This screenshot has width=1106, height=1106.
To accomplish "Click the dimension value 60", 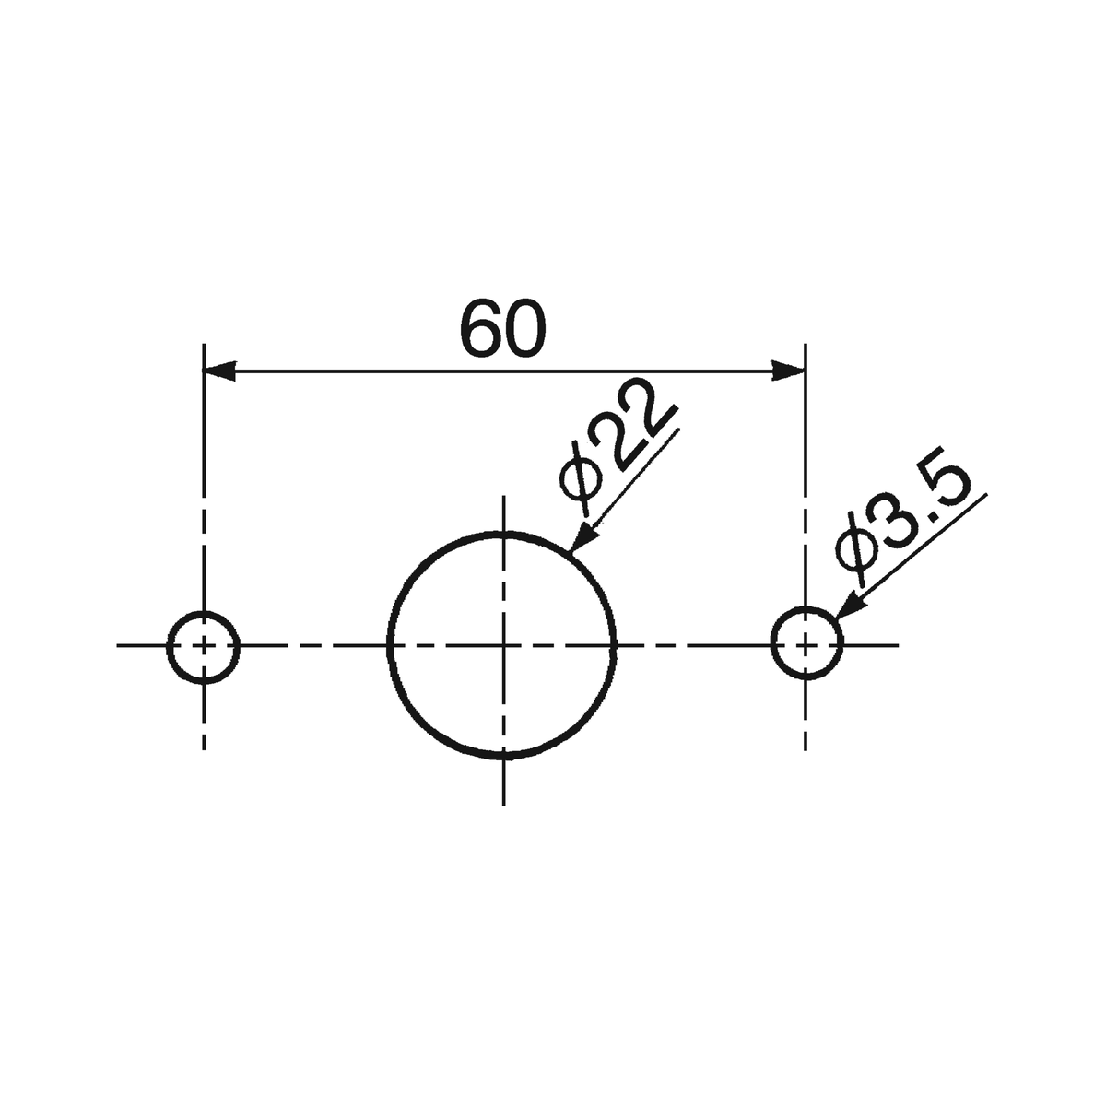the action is [503, 328].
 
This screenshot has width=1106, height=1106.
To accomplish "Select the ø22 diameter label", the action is [616, 447].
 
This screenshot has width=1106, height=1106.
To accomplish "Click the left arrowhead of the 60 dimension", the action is [220, 371].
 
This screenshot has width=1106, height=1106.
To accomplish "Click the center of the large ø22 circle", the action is [503, 646].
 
